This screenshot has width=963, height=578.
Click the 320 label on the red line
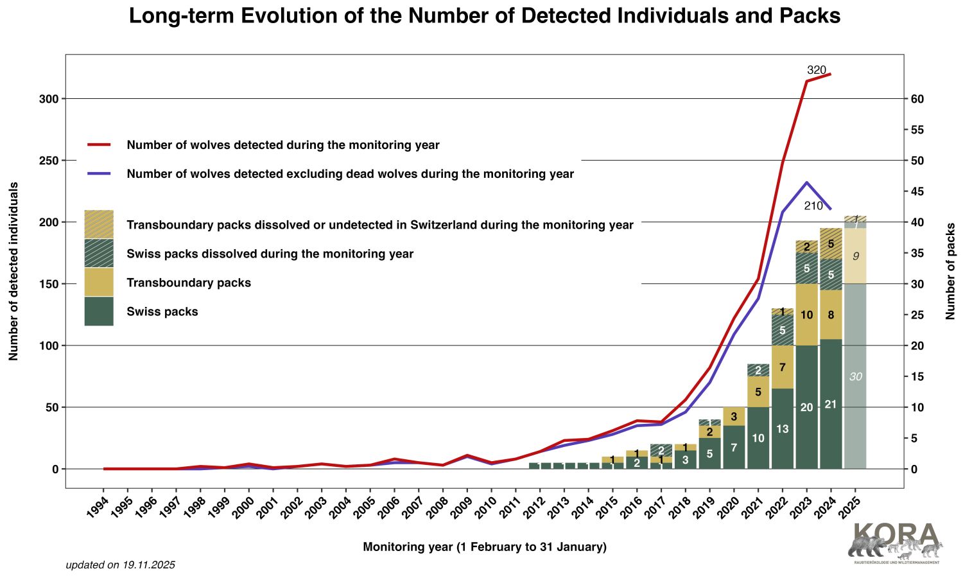816,70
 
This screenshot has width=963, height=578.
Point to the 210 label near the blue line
813,206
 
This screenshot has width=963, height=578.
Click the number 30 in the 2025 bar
855,377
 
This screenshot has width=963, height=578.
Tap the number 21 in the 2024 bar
831,405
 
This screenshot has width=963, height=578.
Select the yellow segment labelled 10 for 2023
806,315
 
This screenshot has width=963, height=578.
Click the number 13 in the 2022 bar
782,429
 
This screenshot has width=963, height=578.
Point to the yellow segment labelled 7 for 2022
782,367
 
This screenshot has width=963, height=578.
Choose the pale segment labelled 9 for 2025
855,256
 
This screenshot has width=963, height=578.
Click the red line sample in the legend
99,145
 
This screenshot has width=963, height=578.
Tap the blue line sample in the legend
99,174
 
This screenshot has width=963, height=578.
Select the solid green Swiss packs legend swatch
99,311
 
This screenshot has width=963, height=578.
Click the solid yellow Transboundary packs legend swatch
99,283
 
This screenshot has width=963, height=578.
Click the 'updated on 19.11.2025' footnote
120,565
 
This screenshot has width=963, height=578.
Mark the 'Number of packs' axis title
950,271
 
